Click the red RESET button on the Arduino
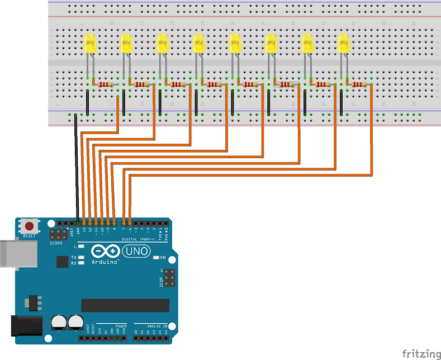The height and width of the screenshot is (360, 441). click(x=29, y=226)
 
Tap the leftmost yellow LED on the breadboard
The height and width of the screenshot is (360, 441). click(x=89, y=44)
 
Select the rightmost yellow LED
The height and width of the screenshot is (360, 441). click(x=343, y=44)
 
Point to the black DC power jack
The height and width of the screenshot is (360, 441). click(x=25, y=327)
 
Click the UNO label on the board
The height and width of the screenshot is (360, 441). click(x=136, y=252)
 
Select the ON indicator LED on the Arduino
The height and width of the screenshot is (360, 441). click(x=156, y=258)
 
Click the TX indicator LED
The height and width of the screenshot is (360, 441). click(x=82, y=258)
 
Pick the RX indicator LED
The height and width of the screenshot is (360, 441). click(x=82, y=263)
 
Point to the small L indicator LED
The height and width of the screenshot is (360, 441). click(x=82, y=246)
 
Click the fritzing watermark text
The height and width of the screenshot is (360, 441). click(x=420, y=353)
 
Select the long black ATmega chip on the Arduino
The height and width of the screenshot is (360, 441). click(x=125, y=305)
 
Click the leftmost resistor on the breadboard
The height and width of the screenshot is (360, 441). click(x=105, y=84)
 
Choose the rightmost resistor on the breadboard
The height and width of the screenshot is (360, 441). click(x=359, y=84)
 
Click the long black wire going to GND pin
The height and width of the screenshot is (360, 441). click(x=76, y=168)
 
